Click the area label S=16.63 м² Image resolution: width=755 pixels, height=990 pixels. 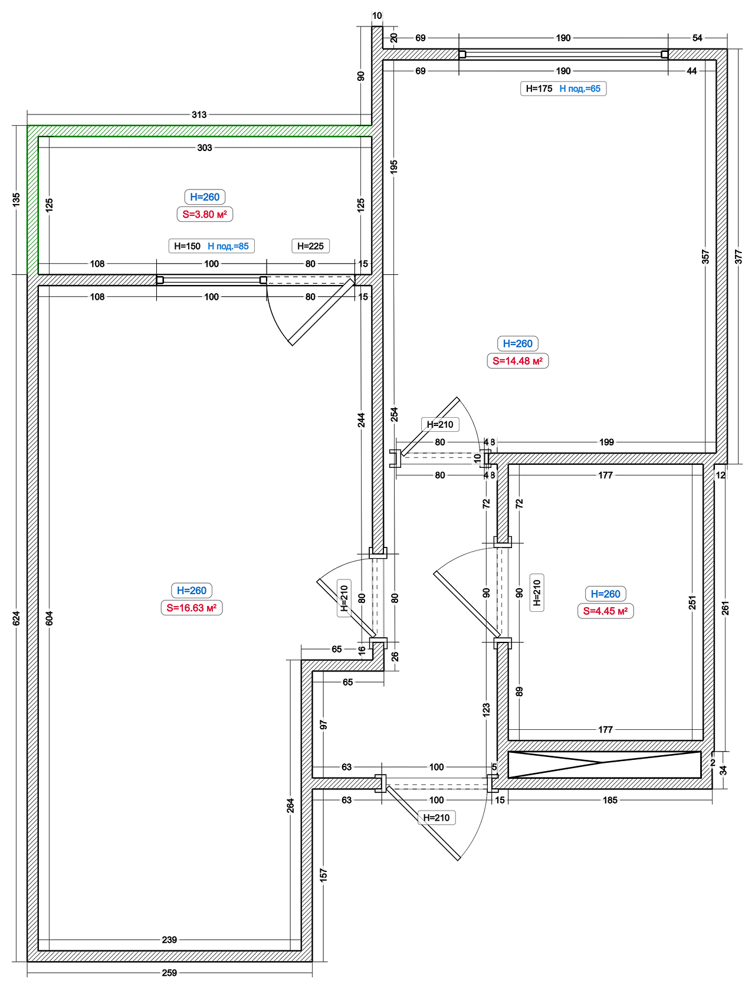192,608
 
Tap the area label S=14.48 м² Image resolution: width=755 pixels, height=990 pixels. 517,361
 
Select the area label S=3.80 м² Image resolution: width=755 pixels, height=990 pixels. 205,214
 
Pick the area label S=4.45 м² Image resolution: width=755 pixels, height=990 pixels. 605,611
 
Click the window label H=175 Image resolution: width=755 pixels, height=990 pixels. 539,88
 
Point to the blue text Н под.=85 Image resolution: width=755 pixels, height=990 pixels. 228,246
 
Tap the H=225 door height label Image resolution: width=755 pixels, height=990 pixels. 311,246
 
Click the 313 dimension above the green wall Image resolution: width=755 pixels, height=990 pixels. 199,114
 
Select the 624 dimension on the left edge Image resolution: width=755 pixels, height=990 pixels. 17,618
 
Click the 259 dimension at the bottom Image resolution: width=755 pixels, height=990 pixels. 169,972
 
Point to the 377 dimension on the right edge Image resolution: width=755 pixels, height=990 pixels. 738,257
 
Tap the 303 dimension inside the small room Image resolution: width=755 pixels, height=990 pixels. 205,147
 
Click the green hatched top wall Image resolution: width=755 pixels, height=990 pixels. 199,131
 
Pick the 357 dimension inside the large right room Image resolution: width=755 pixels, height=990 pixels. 705,257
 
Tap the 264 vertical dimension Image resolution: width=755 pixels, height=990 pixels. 290,805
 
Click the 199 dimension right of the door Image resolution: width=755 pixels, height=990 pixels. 606,442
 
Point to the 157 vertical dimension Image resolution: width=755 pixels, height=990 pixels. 323,875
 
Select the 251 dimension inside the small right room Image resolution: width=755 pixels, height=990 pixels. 692,602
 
